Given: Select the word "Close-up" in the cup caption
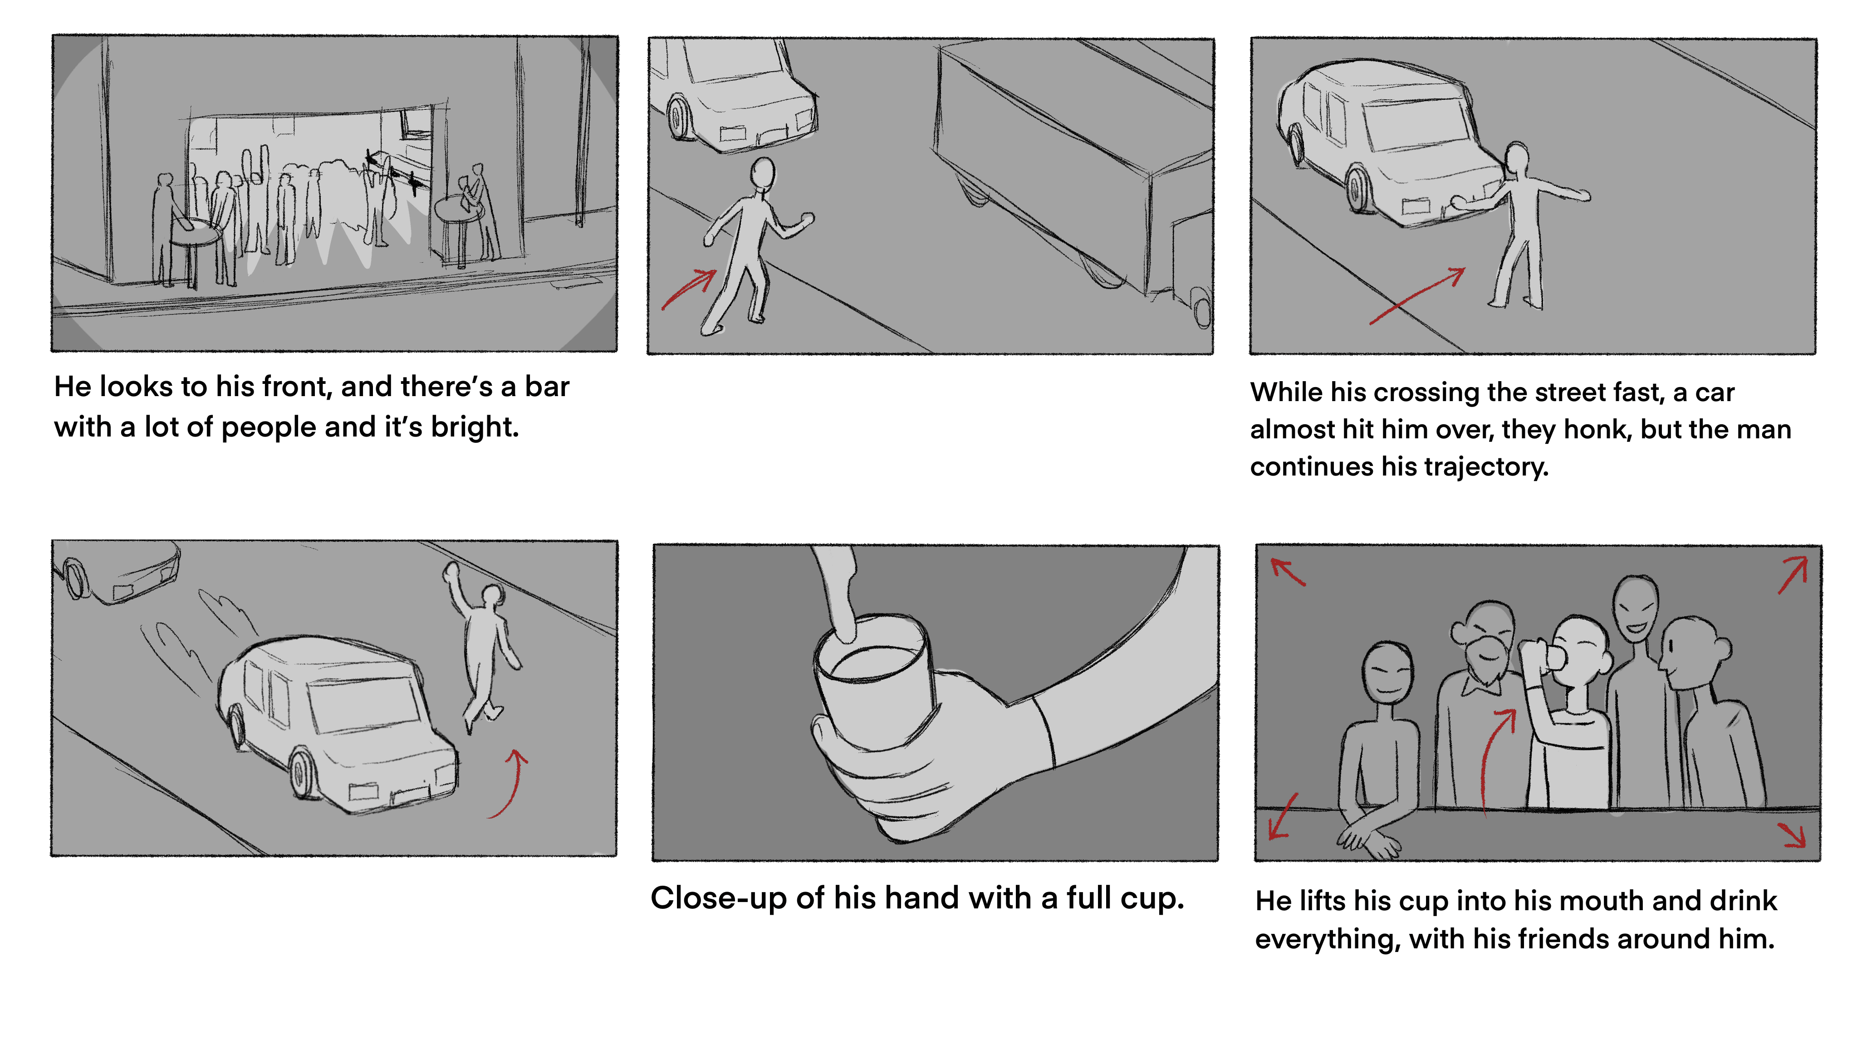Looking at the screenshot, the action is coord(718,899).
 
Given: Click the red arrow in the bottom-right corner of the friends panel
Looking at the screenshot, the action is coord(1793,834).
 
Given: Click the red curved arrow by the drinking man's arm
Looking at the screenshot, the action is coord(1494,756).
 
